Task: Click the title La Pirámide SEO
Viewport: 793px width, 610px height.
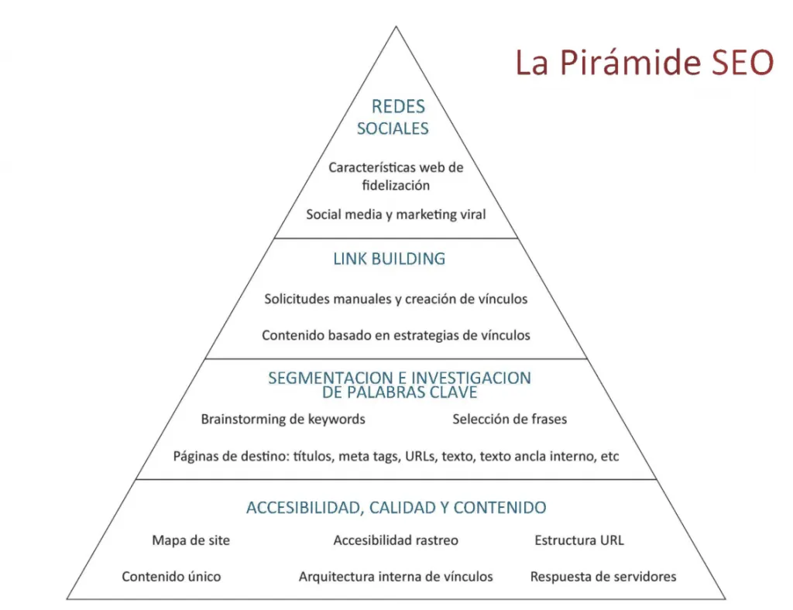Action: click(x=644, y=63)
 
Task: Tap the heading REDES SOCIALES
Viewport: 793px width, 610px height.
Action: click(x=395, y=118)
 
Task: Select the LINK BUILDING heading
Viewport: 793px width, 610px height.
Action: click(x=390, y=259)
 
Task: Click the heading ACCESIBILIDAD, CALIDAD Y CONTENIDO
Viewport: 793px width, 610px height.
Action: click(x=396, y=508)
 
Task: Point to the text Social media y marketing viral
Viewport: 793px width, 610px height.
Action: click(x=396, y=214)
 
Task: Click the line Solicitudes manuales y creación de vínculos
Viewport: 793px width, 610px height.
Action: click(x=396, y=298)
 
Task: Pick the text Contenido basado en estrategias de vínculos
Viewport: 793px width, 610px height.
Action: click(x=396, y=335)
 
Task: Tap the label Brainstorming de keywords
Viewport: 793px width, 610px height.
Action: click(x=283, y=420)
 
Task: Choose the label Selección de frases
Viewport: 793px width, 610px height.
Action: click(x=510, y=420)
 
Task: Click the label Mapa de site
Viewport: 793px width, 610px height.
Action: click(x=191, y=540)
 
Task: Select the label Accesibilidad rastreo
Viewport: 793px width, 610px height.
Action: click(x=396, y=540)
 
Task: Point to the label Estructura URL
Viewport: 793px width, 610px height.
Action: click(x=579, y=540)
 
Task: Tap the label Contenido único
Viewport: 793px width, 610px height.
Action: click(x=171, y=577)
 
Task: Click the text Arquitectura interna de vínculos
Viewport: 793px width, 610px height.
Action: click(x=396, y=577)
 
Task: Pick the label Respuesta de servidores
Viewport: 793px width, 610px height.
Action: click(x=603, y=577)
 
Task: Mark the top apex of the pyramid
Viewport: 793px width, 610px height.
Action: click(x=396, y=27)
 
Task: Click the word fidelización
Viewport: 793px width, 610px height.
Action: click(x=396, y=186)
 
